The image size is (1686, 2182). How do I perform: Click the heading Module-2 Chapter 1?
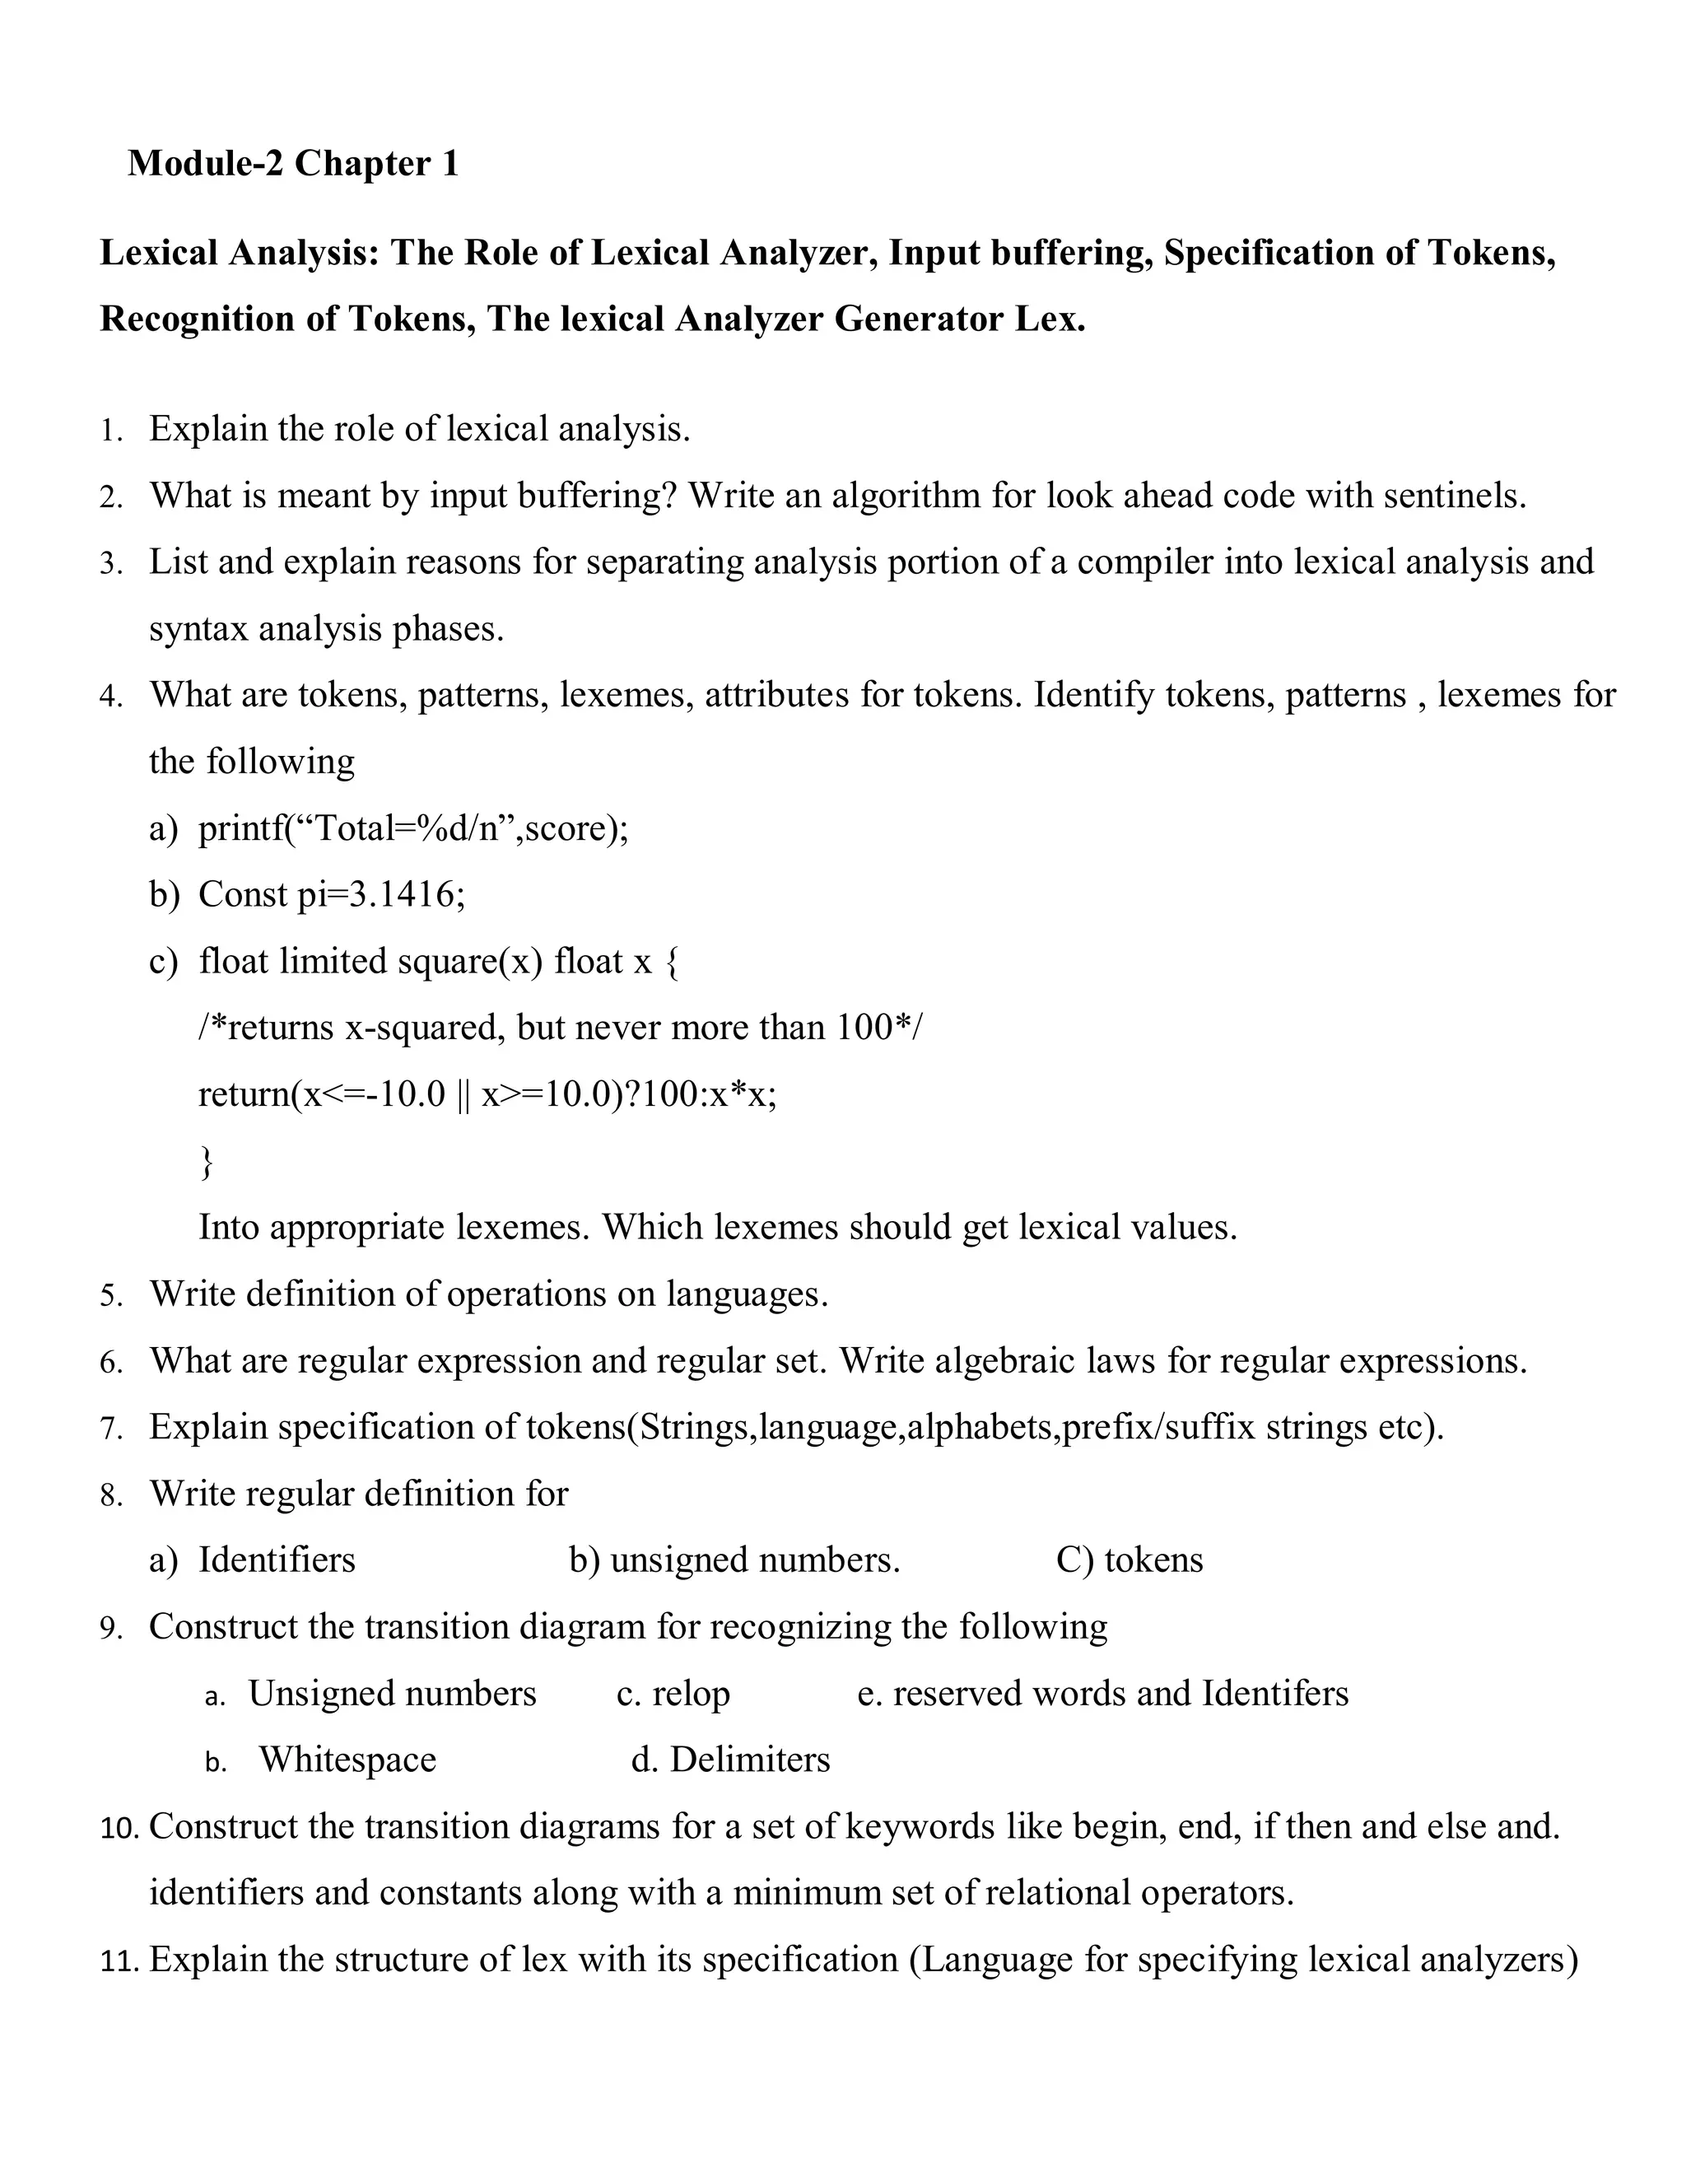pyautogui.click(x=292, y=163)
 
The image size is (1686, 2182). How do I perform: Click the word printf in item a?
pyautogui.click(x=240, y=828)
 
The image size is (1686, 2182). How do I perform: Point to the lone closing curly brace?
pyautogui.click(x=207, y=1161)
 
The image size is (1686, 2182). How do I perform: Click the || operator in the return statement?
pyautogui.click(x=463, y=1095)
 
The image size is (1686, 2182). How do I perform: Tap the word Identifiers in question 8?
pyautogui.click(x=277, y=1560)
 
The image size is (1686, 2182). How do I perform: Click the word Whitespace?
pyautogui.click(x=347, y=1760)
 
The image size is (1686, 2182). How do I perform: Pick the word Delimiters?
pyautogui.click(x=749, y=1760)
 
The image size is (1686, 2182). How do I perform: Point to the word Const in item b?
pyautogui.click(x=243, y=894)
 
